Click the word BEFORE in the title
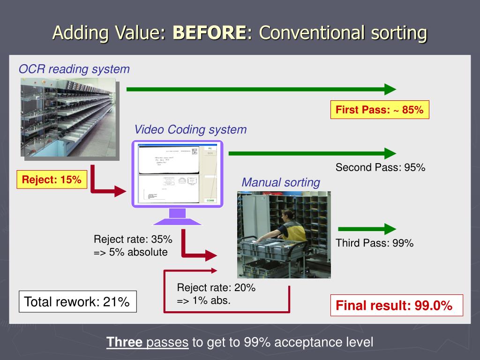click(x=209, y=33)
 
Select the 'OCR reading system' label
click(x=74, y=69)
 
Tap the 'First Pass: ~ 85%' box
click(x=380, y=110)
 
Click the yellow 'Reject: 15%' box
click(x=52, y=179)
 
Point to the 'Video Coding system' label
click(x=190, y=129)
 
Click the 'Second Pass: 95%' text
click(x=380, y=168)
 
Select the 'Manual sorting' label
click(x=281, y=182)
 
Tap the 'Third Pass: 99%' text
click(x=375, y=243)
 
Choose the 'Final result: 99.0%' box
click(x=397, y=306)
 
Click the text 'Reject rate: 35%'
click(x=133, y=240)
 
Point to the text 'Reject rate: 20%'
click(x=216, y=288)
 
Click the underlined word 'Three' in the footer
click(x=124, y=342)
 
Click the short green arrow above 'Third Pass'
click(x=367, y=229)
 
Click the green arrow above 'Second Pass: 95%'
click(x=312, y=153)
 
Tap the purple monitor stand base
click(x=177, y=221)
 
